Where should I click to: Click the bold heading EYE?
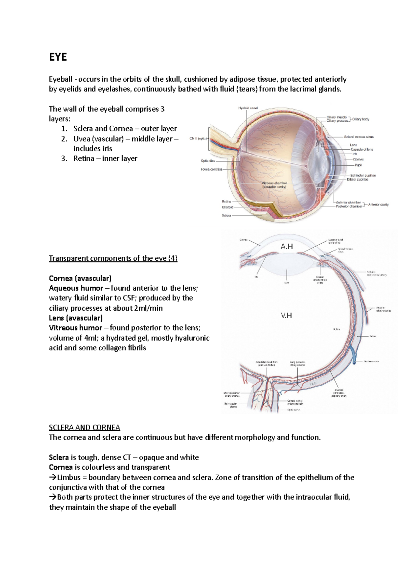click(x=58, y=57)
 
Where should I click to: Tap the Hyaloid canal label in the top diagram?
click(x=248, y=108)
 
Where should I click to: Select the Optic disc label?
click(x=208, y=161)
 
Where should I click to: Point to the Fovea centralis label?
click(x=211, y=169)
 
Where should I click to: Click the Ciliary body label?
click(x=361, y=119)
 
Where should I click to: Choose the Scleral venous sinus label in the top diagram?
click(x=359, y=137)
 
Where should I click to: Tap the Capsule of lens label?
click(x=362, y=149)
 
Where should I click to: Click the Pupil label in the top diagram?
click(x=358, y=165)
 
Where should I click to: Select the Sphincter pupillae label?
click(x=363, y=176)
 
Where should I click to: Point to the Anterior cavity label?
click(x=378, y=204)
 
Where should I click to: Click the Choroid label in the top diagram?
click(x=227, y=207)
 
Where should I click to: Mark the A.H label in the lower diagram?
click(x=287, y=247)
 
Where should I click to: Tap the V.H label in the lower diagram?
click(x=286, y=316)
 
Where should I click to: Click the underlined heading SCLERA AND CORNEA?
click(x=84, y=428)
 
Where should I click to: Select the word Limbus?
click(x=69, y=477)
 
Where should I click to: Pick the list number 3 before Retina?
click(x=64, y=159)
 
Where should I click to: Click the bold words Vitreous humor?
click(x=75, y=328)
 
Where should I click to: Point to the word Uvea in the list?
click(x=81, y=139)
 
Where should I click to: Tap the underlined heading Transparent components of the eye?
click(x=113, y=258)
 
